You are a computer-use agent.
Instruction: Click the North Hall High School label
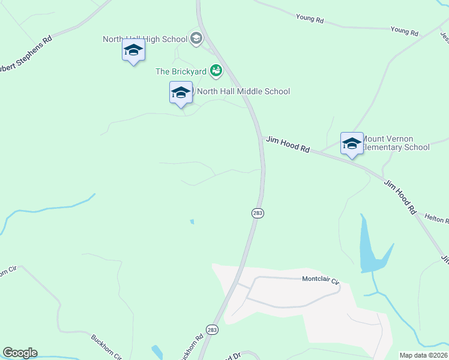tap(145, 40)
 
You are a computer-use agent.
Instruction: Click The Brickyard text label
tap(181, 71)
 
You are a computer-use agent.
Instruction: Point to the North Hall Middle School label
tap(243, 92)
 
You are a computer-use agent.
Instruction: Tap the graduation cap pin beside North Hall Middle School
tap(181, 93)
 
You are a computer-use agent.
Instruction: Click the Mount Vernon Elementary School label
tap(396, 143)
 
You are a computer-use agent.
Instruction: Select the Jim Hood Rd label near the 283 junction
tap(288, 145)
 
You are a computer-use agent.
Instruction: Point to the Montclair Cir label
tap(321, 280)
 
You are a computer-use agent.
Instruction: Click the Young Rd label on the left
tap(310, 20)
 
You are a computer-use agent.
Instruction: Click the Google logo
tap(20, 353)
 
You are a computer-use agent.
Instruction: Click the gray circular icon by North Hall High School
tap(196, 40)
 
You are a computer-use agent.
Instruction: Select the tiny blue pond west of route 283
tap(192, 221)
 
